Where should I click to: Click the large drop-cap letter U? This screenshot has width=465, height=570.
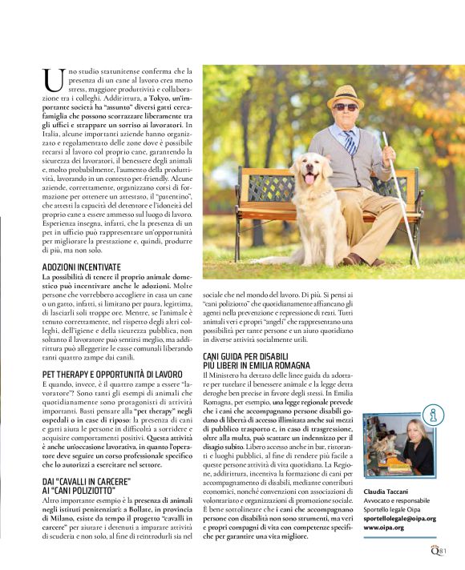click(x=53, y=79)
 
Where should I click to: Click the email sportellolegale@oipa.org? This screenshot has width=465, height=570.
click(x=399, y=518)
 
